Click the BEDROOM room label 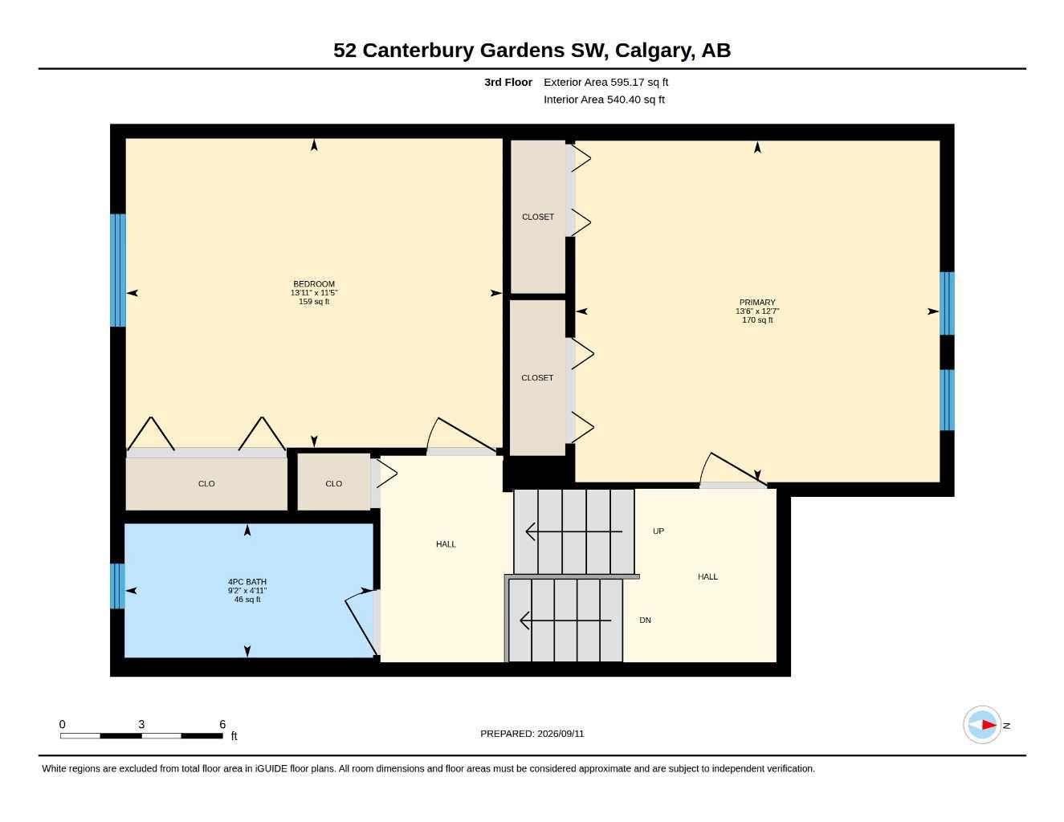tap(314, 284)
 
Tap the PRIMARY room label tap(757, 303)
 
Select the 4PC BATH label tap(247, 582)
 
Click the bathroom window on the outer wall tap(117, 586)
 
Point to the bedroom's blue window tap(118, 270)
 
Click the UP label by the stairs tap(658, 531)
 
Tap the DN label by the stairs tap(646, 620)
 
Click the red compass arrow tap(989, 725)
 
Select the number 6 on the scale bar tap(222, 724)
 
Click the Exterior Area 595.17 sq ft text tap(605, 82)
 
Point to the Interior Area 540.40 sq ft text tap(604, 100)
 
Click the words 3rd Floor tap(508, 82)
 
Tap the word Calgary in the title tap(654, 51)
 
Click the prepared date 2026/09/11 tap(561, 734)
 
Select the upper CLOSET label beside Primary tap(538, 217)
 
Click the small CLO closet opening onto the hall tap(333, 482)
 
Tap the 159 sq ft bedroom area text tap(314, 301)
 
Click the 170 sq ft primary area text tap(757, 320)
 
